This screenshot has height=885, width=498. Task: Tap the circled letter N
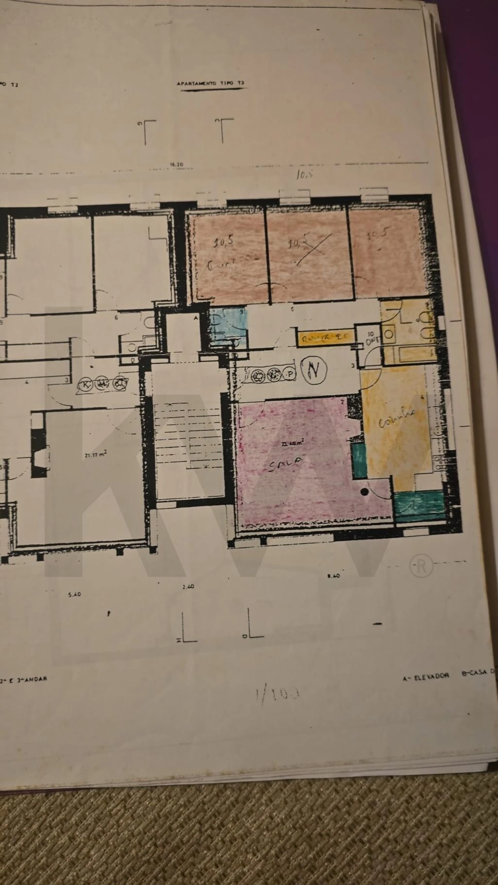(x=314, y=371)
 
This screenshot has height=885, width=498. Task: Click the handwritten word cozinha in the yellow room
(x=397, y=419)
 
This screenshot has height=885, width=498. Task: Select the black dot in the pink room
(x=365, y=492)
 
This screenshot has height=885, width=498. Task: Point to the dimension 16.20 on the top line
(x=176, y=164)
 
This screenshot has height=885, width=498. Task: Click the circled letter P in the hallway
(x=290, y=374)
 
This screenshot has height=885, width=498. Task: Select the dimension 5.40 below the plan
(x=74, y=595)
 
